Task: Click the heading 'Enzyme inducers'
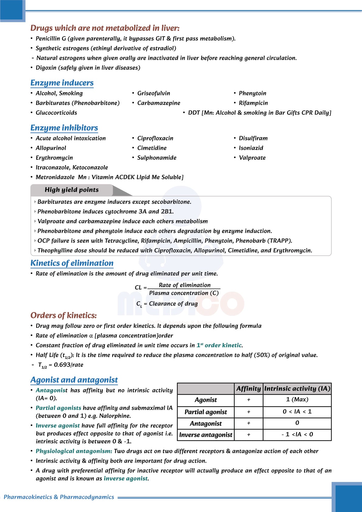(62, 83)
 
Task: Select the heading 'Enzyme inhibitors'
(64, 128)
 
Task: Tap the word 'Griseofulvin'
(153, 93)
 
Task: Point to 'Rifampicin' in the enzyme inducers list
(253, 103)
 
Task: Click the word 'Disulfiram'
(253, 138)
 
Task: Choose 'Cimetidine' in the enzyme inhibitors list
(152, 148)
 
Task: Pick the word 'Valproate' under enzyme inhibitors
(252, 158)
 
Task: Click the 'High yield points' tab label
(72, 190)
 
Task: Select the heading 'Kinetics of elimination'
(72, 263)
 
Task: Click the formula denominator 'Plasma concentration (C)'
(184, 293)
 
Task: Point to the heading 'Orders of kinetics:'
(64, 315)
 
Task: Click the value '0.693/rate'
(68, 365)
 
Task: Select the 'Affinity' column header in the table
(248, 389)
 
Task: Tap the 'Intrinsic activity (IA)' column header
(297, 389)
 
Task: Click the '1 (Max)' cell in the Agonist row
(297, 400)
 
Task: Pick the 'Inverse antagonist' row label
(206, 435)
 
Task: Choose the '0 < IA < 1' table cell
(297, 412)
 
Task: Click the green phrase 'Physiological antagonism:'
(74, 451)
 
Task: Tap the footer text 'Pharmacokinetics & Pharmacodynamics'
(59, 497)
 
